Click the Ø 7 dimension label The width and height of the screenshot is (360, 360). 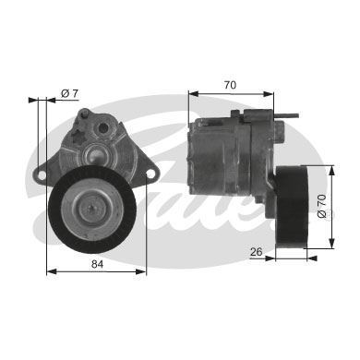69,93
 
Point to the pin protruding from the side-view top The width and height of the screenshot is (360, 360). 294,115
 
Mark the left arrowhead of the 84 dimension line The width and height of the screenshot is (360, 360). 49,270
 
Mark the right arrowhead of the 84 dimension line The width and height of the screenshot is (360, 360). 145,270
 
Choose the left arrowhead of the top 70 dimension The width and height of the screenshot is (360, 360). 191,92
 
